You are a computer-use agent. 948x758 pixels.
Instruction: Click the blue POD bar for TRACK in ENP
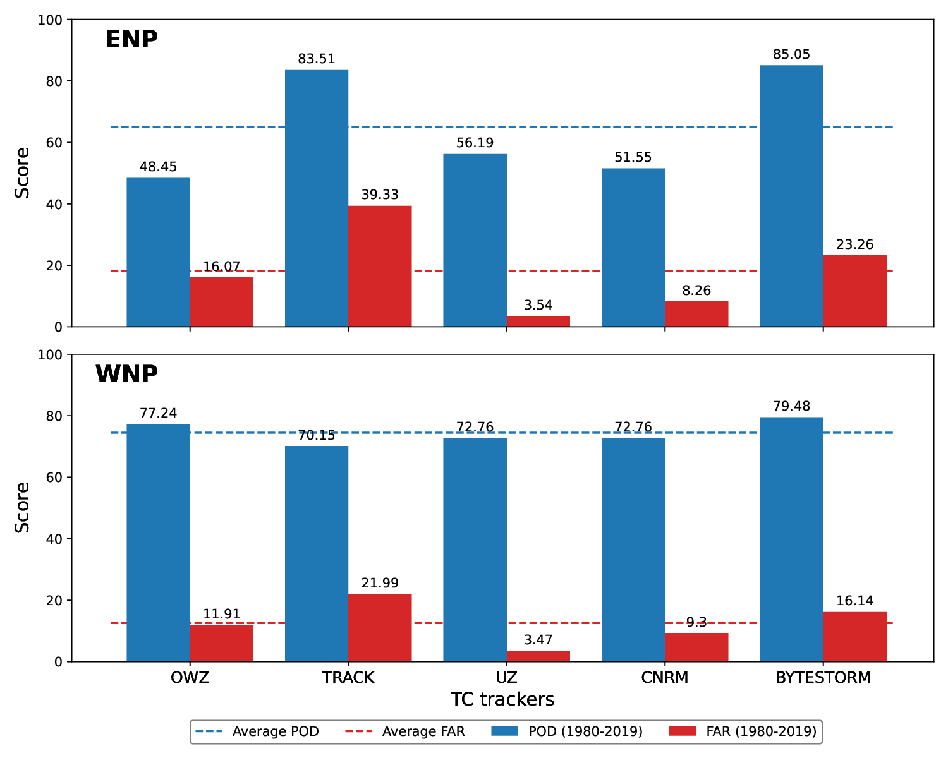click(x=316, y=198)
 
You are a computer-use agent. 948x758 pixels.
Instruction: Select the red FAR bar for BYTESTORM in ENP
click(x=854, y=291)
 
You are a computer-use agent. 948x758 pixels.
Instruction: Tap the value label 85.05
click(x=791, y=55)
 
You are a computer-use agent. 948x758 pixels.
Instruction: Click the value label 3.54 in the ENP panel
click(x=538, y=306)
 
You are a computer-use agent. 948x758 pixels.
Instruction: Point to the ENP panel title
click(x=131, y=40)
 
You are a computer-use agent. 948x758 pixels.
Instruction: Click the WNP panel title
click(x=126, y=375)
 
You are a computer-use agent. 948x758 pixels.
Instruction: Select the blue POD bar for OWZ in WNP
click(x=158, y=543)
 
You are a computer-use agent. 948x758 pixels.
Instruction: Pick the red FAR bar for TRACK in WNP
click(x=380, y=628)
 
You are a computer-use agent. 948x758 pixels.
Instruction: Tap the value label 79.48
click(x=791, y=406)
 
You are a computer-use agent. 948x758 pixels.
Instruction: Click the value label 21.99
click(x=380, y=584)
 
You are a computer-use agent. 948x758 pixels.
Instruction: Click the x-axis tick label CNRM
click(x=664, y=678)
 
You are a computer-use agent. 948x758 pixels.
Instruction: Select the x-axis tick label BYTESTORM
click(x=823, y=678)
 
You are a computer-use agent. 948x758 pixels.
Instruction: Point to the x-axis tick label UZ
click(x=506, y=678)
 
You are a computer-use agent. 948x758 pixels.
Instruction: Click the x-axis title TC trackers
click(x=502, y=699)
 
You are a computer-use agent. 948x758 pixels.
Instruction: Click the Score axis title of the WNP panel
click(x=22, y=508)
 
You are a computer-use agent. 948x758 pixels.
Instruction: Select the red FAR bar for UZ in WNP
click(x=538, y=656)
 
